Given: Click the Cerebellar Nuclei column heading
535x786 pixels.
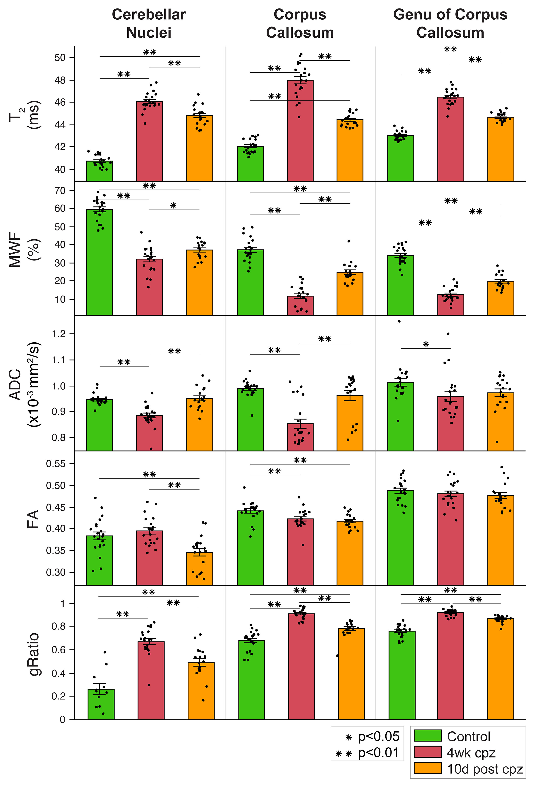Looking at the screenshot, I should click(149, 24).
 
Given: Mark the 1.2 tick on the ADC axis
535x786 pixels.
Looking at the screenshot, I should click(58, 334).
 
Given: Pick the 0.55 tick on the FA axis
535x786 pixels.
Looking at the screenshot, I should click(56, 464).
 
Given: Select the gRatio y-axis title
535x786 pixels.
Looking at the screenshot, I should click(34, 654).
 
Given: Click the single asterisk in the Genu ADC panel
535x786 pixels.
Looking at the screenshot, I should click(426, 345).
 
